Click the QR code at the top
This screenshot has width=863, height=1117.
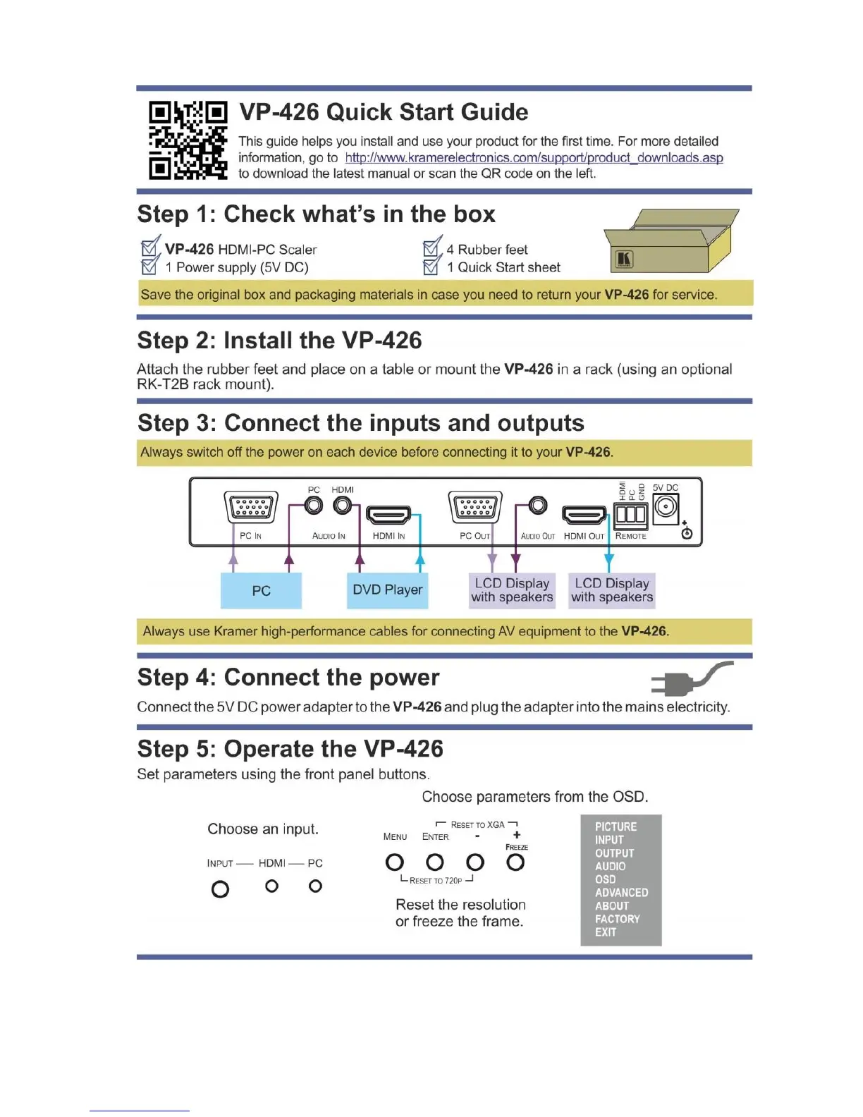(x=188, y=140)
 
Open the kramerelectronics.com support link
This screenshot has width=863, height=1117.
(x=534, y=158)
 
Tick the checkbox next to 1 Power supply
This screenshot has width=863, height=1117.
(x=149, y=267)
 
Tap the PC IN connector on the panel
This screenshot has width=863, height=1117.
(x=250, y=507)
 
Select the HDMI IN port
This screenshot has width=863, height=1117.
(x=388, y=514)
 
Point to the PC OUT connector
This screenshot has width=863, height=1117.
(x=475, y=507)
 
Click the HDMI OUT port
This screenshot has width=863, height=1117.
(x=584, y=515)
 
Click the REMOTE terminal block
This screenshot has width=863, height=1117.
(x=630, y=514)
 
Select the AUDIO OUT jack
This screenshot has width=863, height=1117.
(x=538, y=506)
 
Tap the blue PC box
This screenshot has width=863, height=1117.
(x=261, y=590)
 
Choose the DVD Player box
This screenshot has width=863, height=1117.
(x=387, y=590)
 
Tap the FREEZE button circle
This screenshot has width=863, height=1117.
(x=515, y=862)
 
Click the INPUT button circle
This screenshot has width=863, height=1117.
(x=220, y=889)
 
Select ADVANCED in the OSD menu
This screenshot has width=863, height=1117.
(x=621, y=892)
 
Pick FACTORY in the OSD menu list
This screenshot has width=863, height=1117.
(x=617, y=919)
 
